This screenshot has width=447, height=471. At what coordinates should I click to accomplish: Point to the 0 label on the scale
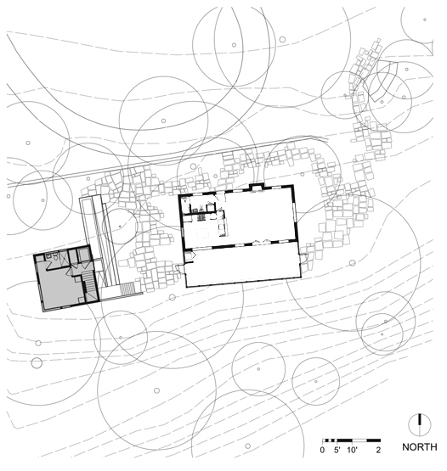click(x=323, y=448)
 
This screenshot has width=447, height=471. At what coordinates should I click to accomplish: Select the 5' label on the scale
click(x=337, y=448)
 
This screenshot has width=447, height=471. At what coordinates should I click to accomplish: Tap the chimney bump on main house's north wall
click(x=257, y=187)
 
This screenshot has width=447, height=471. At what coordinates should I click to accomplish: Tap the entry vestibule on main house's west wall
click(x=182, y=265)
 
